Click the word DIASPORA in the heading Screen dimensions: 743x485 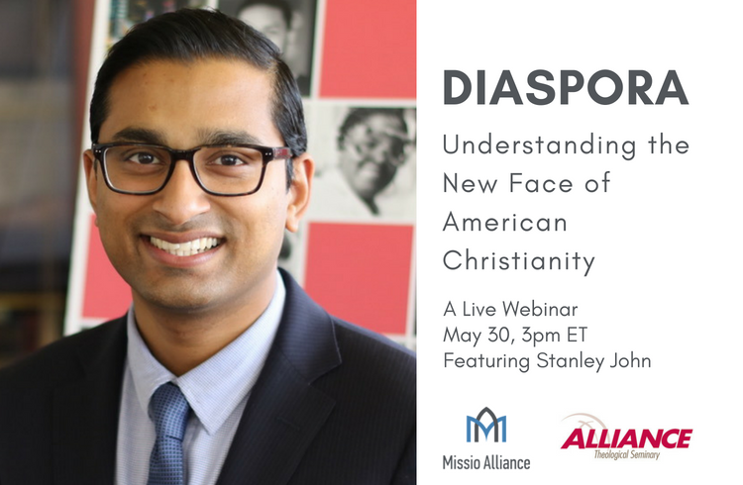566,88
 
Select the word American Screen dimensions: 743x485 505,222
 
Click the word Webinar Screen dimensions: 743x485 540,309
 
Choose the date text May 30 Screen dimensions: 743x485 479,336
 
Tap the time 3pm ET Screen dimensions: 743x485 554,336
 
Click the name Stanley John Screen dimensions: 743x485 593,361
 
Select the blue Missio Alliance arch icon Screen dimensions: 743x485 486,425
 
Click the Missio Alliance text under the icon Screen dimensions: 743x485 486,462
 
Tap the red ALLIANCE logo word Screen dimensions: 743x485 626,438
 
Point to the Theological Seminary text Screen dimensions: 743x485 627,455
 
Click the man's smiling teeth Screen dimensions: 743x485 184,244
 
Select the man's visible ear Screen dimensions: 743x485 298,189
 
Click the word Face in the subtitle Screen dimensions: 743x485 541,183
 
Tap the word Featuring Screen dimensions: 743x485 486,361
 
